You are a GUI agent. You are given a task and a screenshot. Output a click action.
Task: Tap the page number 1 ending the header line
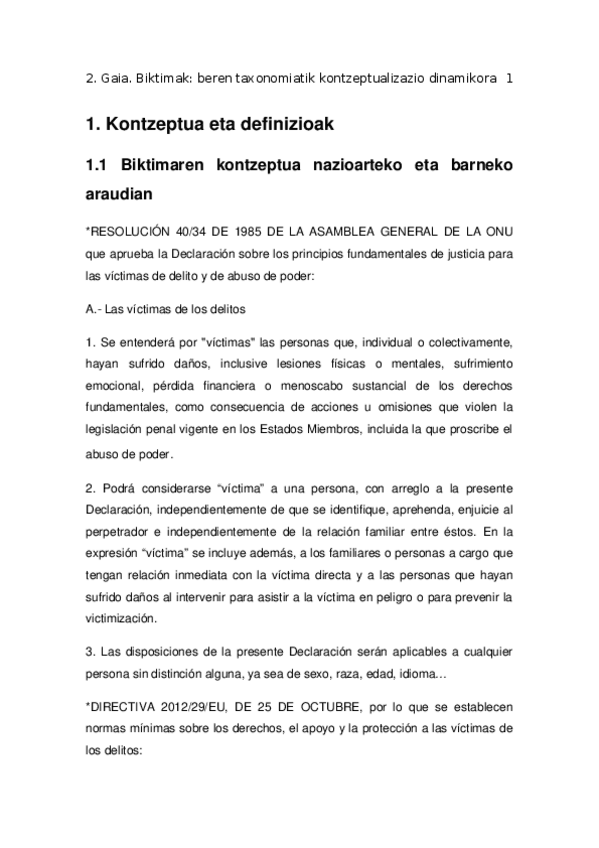pos(510,79)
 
